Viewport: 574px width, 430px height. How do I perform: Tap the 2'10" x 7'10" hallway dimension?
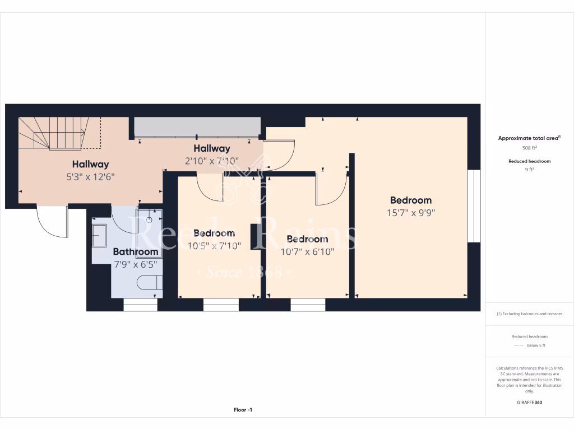(212, 161)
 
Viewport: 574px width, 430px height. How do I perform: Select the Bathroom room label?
(136, 252)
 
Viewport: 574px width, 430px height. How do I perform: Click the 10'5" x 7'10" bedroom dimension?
(214, 245)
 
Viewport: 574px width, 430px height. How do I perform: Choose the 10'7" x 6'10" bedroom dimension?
(307, 252)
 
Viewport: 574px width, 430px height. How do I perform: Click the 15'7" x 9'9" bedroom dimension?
(411, 213)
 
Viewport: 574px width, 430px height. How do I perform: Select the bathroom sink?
(100, 235)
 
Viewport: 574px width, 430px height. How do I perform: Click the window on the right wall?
(474, 206)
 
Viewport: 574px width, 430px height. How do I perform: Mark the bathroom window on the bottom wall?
(140, 305)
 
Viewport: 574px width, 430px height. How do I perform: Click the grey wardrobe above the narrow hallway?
(197, 127)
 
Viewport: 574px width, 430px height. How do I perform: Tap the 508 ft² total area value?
(529, 148)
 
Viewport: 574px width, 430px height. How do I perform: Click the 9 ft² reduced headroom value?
(529, 170)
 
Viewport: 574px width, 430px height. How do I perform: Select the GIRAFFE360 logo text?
(529, 402)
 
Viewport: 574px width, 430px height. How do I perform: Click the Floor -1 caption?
(243, 410)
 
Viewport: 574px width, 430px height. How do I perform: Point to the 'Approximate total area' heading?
(529, 138)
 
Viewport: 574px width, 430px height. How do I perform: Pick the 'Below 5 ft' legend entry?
(535, 345)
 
